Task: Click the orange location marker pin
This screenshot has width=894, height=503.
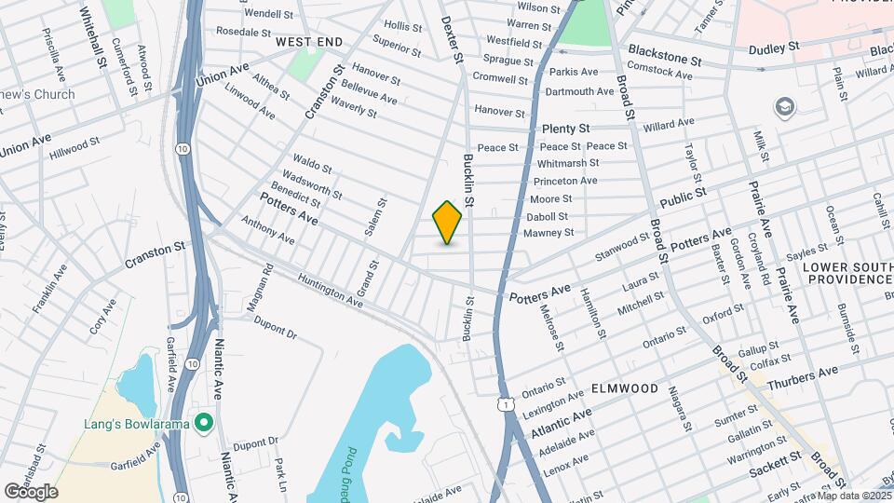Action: click(x=447, y=222)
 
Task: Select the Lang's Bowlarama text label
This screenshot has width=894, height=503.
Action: click(x=141, y=425)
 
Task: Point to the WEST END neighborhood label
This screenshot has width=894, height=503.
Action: click(x=309, y=42)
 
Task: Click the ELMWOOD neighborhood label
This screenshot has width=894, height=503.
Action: click(x=625, y=387)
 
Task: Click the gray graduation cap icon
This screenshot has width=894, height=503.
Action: click(x=784, y=107)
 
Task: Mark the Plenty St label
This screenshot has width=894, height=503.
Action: click(x=565, y=128)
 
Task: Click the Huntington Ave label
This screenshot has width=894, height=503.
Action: click(x=331, y=290)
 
